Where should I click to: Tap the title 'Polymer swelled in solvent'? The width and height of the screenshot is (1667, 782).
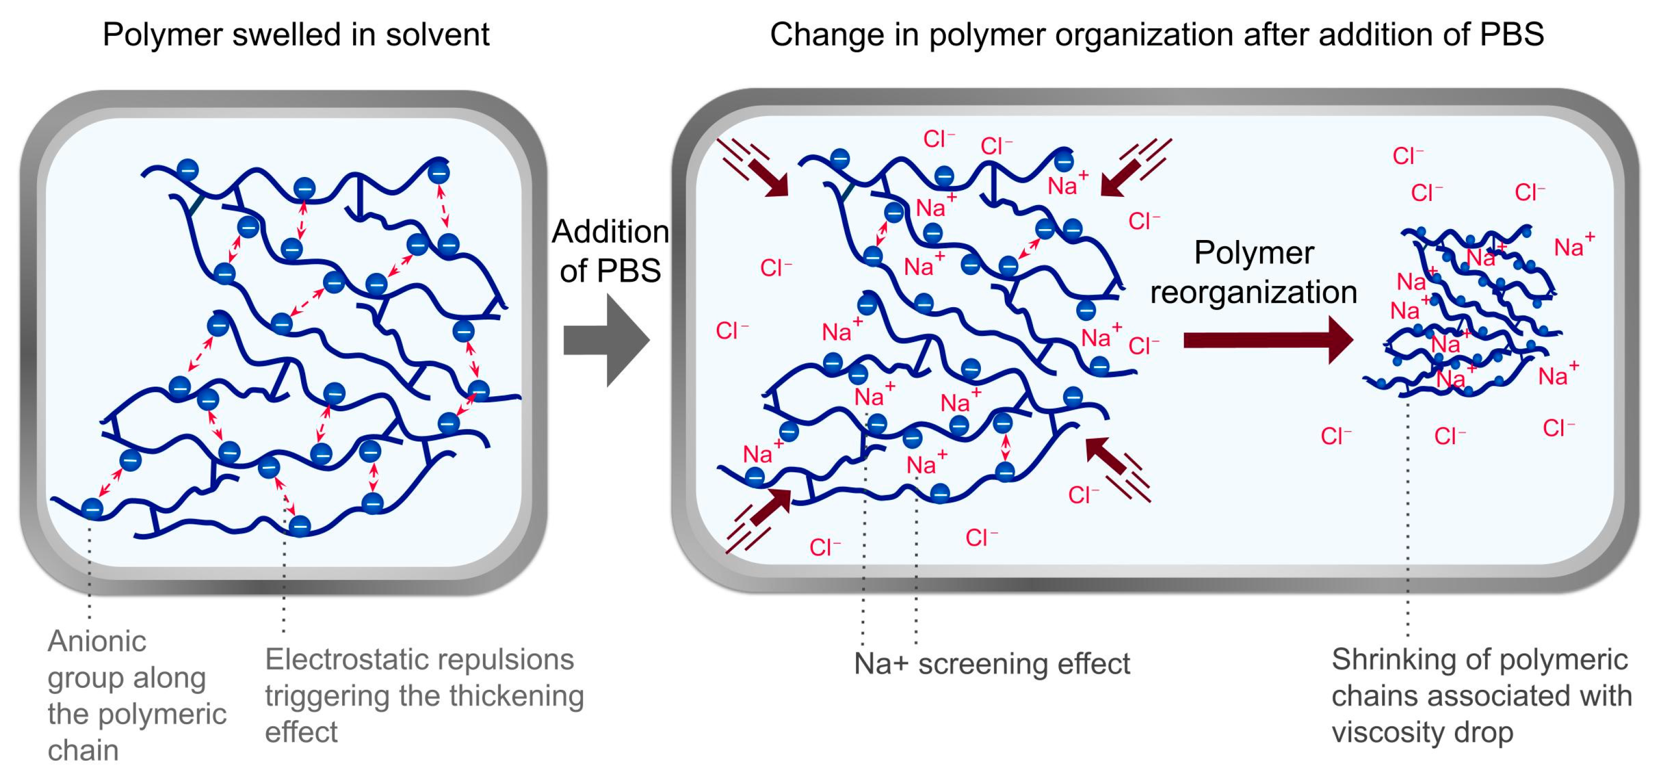[x=296, y=34]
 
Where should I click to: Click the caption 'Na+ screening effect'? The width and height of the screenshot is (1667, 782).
[x=991, y=664]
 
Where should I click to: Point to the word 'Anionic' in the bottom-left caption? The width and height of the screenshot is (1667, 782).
[x=97, y=641]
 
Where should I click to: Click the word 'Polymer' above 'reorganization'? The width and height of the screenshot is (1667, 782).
[x=1253, y=253]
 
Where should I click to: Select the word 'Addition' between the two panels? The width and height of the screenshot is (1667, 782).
[x=609, y=232]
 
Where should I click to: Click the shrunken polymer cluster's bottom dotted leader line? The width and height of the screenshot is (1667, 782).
[x=1408, y=518]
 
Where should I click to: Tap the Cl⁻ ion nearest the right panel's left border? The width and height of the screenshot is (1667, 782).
[x=732, y=331]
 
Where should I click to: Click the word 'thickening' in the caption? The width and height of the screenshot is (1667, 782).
[x=516, y=697]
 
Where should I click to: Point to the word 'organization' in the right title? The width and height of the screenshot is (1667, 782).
[x=1144, y=34]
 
